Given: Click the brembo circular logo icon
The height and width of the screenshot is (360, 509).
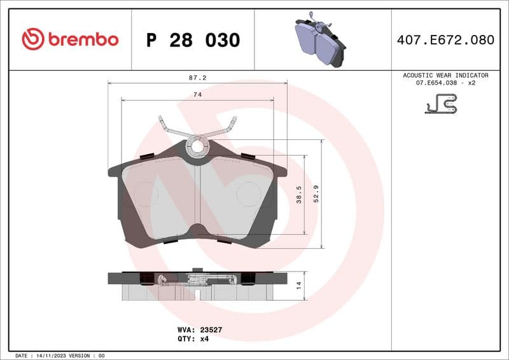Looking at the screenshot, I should pos(32,39).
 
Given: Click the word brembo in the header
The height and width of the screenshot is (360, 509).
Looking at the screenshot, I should pos(82,39).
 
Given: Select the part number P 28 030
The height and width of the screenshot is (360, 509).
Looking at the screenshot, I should pos(193,40).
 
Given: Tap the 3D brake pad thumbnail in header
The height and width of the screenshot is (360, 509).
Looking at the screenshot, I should pos(320,39).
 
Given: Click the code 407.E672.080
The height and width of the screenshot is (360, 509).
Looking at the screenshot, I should pos(445,40).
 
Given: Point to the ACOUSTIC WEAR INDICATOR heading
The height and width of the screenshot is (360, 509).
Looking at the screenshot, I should pos(445,75).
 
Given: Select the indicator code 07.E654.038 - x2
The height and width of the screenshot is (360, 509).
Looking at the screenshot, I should pos(445,83).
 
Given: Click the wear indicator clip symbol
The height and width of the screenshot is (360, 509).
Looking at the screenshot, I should pos(442,104).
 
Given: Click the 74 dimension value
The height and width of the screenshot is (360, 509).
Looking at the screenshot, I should pos(197,94).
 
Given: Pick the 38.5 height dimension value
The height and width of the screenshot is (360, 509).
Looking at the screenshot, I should pos(299,195).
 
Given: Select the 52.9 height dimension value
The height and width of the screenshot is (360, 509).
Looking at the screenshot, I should pos(316,195).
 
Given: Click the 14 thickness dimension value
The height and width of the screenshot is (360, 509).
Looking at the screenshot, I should pos(299,286).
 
